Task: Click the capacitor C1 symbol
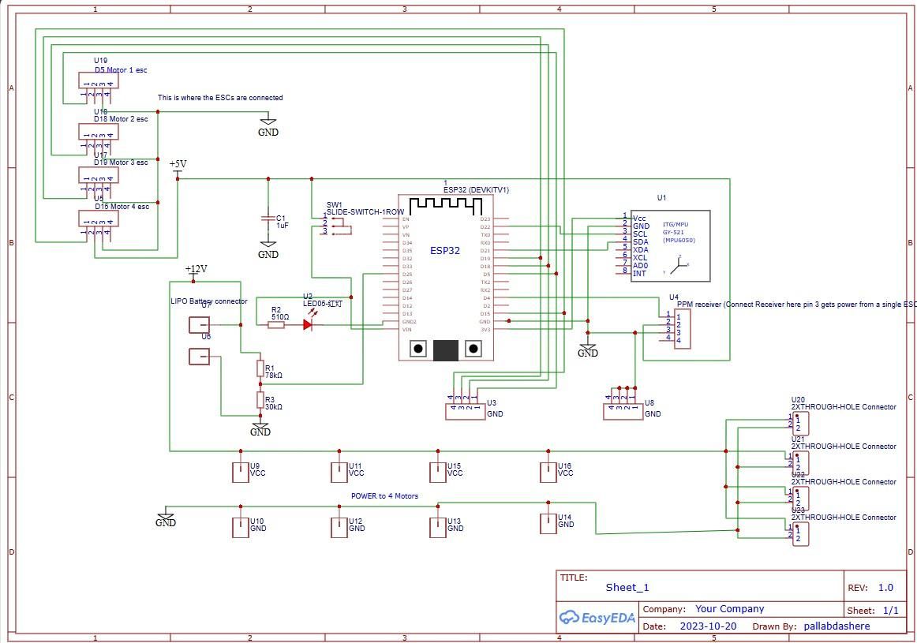pos(268,222)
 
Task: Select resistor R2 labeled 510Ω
pos(276,324)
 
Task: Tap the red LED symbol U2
pos(309,324)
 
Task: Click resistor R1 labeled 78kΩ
pos(260,368)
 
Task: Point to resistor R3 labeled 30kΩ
pos(260,400)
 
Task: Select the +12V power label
pos(196,269)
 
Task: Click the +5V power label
pos(178,164)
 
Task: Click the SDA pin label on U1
pos(640,242)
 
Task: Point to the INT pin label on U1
pos(639,273)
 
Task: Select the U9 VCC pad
pos(240,472)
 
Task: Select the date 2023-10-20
pos(708,626)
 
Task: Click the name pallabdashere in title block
pos(836,626)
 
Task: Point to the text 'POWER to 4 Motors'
pos(384,496)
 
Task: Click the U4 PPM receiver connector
pos(682,328)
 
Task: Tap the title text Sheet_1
pos(627,587)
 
